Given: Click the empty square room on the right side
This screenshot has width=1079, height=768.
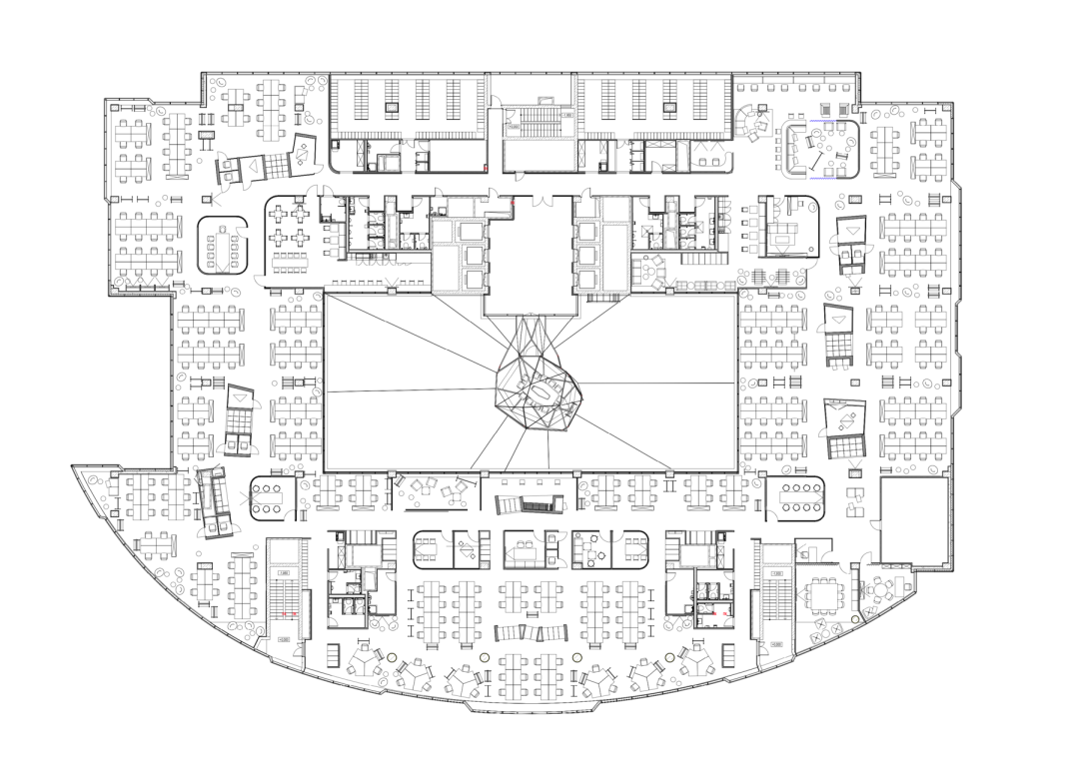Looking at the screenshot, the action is [913, 518].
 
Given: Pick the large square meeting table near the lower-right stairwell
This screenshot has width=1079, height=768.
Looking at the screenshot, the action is [826, 597].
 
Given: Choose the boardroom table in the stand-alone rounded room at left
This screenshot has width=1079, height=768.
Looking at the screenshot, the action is [223, 246].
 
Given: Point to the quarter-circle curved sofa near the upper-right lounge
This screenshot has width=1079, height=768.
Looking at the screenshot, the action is [748, 124].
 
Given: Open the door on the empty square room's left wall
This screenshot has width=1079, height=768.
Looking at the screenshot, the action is [877, 522].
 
